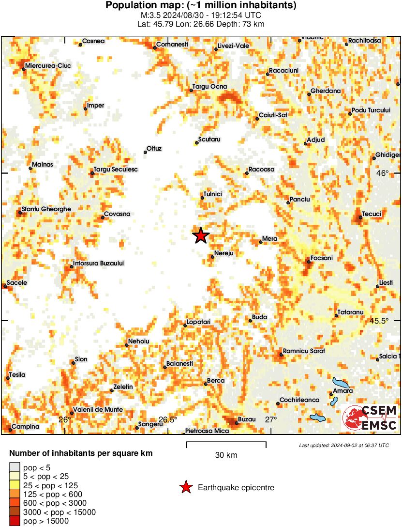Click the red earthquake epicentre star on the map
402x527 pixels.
click(201, 236)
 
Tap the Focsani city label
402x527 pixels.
click(322, 258)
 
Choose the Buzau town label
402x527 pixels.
click(247, 419)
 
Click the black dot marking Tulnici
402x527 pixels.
click(202, 198)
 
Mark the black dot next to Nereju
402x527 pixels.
click(212, 257)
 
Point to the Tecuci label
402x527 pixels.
click(372, 214)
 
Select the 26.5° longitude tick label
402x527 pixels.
click(168, 419)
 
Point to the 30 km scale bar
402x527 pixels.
click(226, 442)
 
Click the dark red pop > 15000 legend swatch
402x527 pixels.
click(15, 521)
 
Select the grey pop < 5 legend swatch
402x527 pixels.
click(15, 467)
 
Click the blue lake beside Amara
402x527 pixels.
click(341, 383)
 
